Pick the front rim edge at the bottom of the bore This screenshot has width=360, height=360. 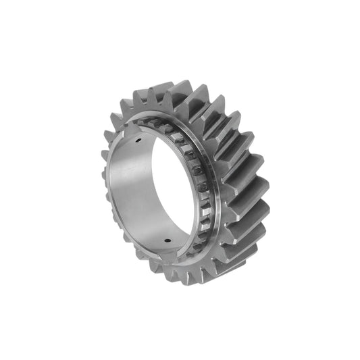[162, 257]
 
